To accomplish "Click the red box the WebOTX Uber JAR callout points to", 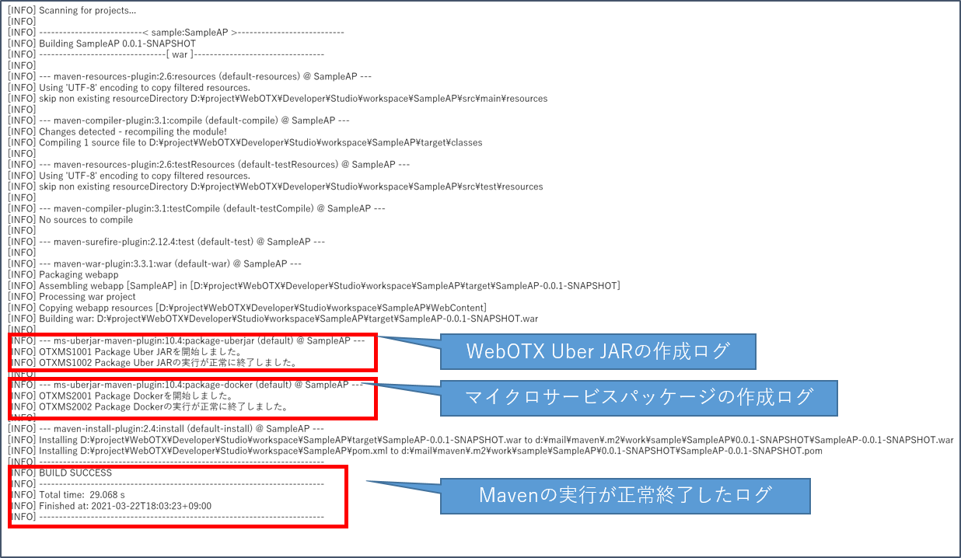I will [x=192, y=352].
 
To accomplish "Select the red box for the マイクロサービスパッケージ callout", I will [x=192, y=399].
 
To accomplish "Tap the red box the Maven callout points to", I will [x=177, y=497].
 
